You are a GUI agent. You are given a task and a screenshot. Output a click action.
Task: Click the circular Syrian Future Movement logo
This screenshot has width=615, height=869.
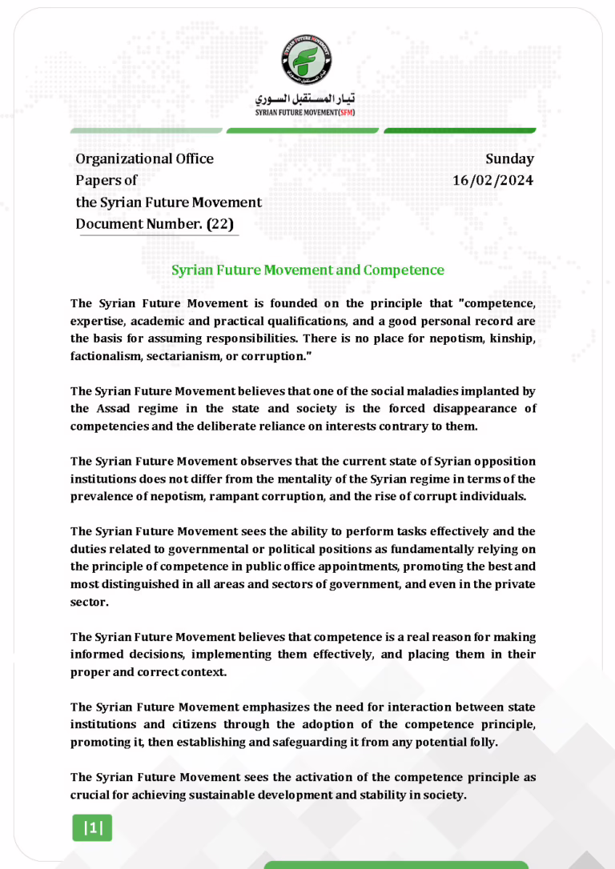307,60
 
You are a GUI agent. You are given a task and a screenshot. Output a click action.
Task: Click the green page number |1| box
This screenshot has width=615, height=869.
94,828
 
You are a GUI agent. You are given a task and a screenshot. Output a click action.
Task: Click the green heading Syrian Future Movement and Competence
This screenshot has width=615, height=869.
307,270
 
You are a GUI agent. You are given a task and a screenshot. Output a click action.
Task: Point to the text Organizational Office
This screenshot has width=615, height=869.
144,158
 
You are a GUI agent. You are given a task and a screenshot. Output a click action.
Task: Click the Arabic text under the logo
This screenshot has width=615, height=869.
307,100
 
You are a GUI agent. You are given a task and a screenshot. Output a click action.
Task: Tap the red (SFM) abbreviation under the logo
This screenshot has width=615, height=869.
347,113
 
